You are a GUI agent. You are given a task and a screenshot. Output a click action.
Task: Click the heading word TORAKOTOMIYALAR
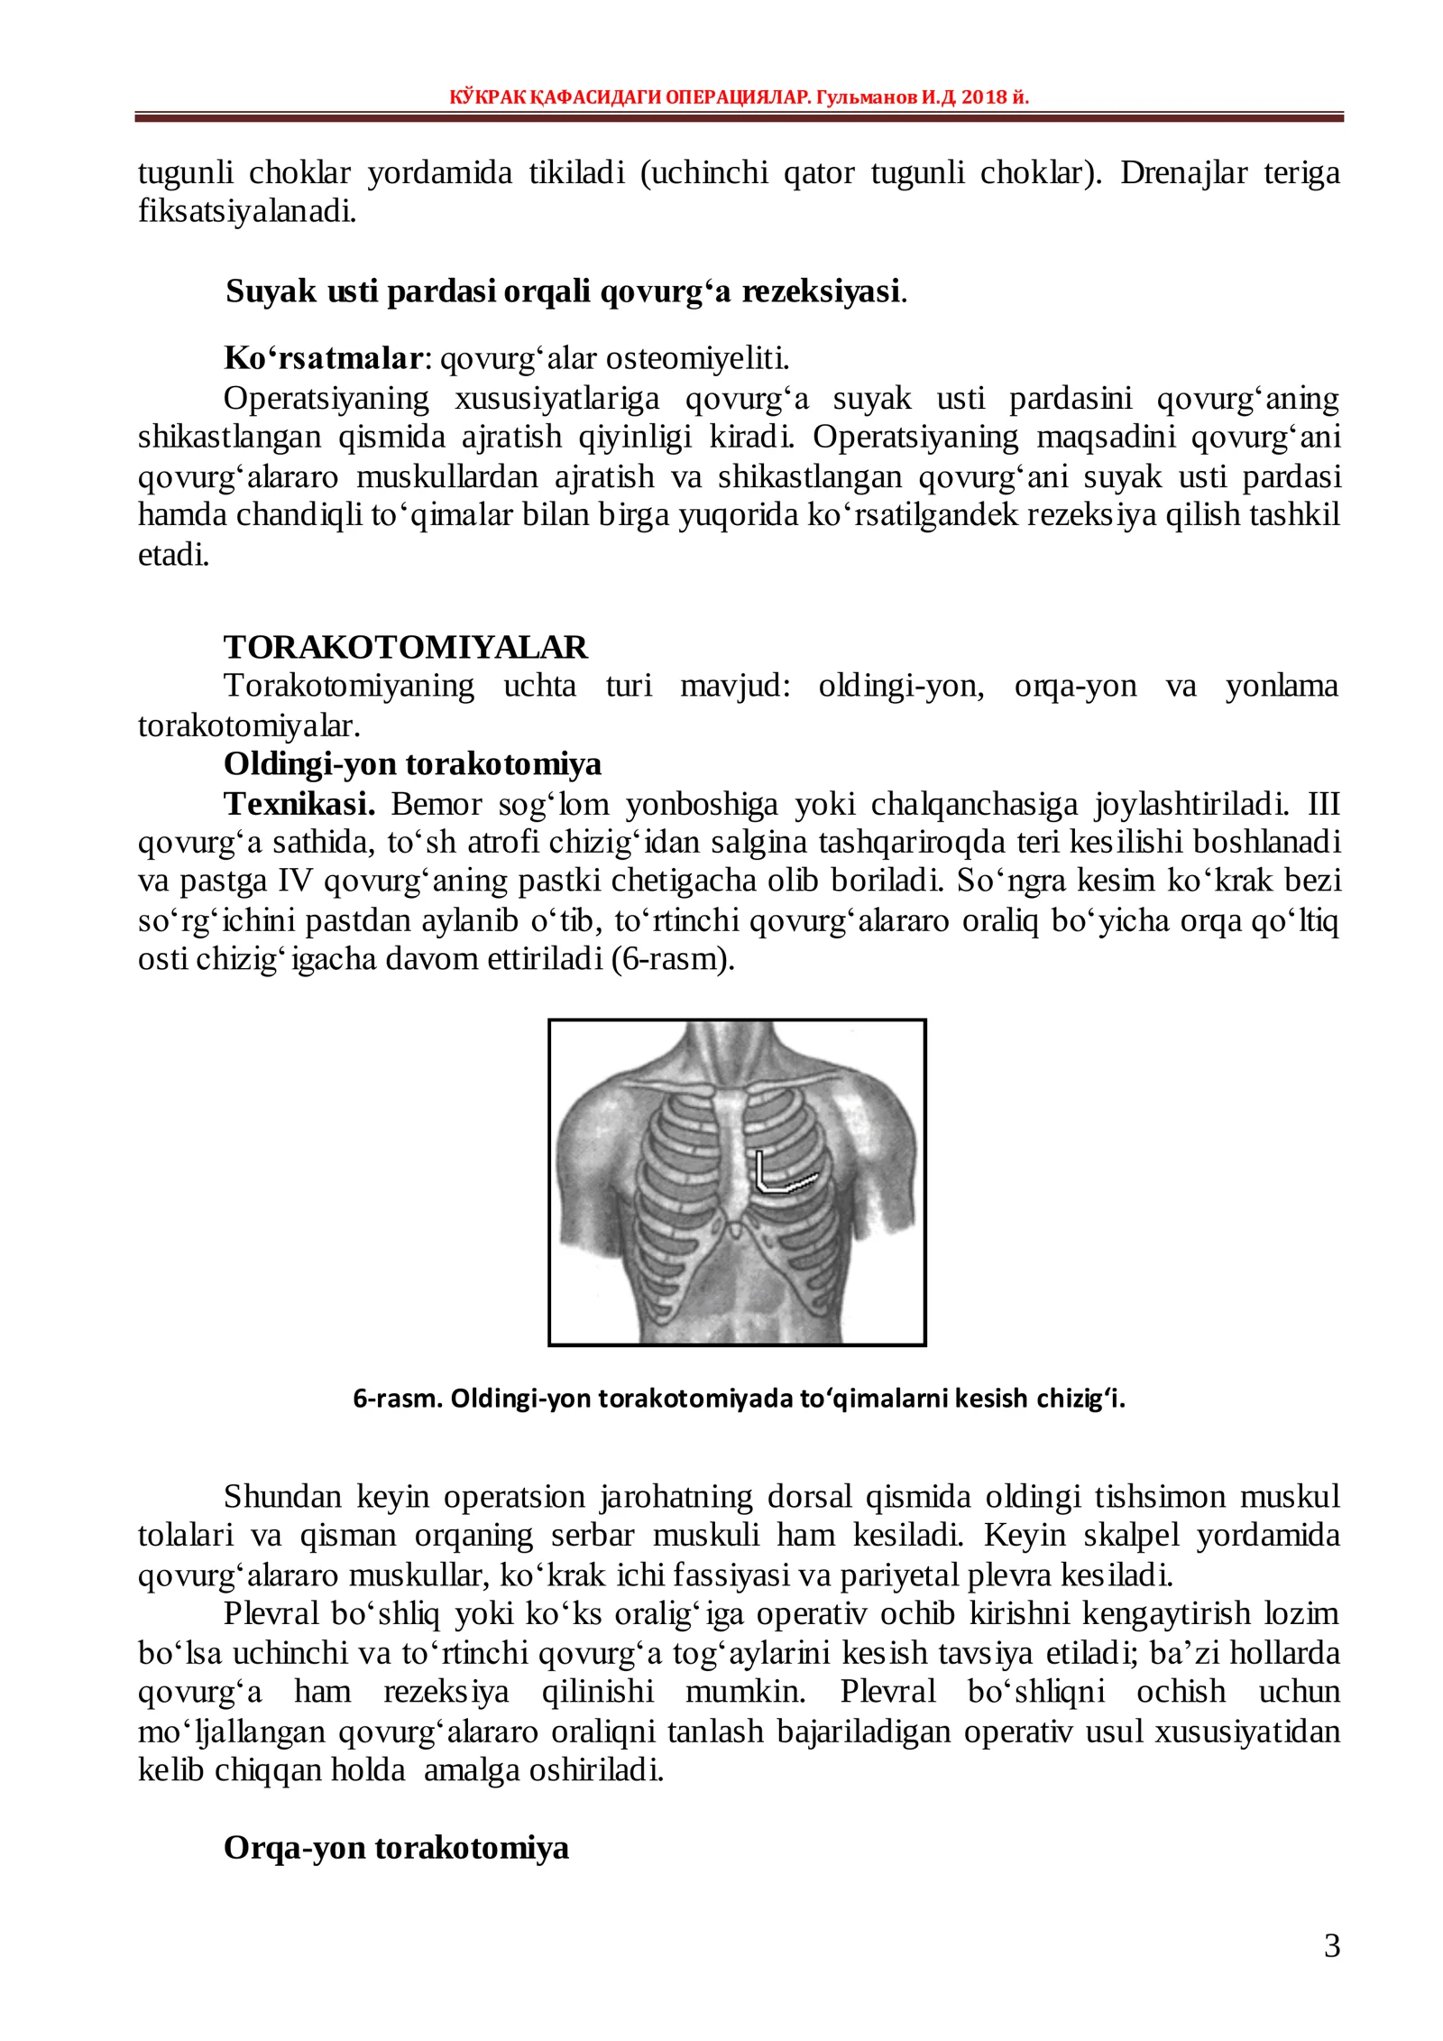coord(405,647)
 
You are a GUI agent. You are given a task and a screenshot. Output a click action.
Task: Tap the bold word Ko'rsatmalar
coord(323,358)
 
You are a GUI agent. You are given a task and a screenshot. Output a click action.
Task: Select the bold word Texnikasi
coord(299,803)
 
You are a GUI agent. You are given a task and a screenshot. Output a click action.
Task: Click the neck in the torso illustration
coord(738,1051)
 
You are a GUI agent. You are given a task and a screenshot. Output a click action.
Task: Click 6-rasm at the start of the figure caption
coord(397,1399)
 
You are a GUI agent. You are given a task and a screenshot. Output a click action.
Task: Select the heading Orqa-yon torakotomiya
coord(396,1847)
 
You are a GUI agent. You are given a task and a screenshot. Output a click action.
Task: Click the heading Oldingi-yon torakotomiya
coord(412,764)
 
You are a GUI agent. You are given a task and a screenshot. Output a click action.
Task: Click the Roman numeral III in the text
coord(1323,803)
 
